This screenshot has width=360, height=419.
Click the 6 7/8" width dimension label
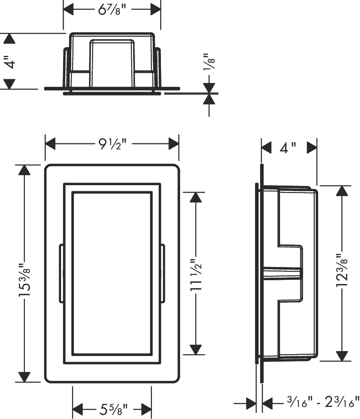point(112,10)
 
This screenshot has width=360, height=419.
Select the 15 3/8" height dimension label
point(25,280)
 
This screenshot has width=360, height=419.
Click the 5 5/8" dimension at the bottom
point(113,409)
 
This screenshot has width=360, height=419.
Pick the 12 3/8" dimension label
point(342,270)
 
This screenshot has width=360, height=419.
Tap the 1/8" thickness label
point(209,62)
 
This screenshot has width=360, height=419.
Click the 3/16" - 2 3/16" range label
point(323,402)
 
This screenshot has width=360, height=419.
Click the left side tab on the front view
point(61,273)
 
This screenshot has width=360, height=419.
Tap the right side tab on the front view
point(162,273)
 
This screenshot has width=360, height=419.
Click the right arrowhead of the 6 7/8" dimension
point(156,10)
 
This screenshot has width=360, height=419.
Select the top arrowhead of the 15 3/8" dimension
point(25,170)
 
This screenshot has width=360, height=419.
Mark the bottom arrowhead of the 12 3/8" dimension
point(342,356)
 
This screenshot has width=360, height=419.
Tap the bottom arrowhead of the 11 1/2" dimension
point(196,350)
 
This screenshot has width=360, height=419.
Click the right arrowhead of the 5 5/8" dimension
point(147,409)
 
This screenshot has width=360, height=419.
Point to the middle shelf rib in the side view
point(283,273)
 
